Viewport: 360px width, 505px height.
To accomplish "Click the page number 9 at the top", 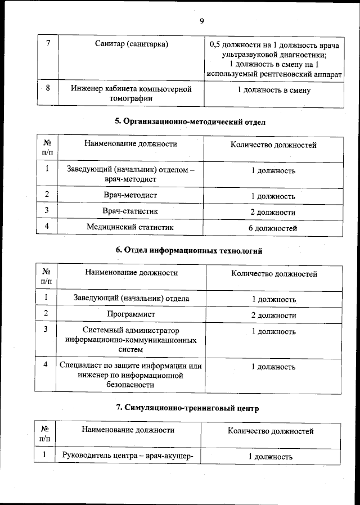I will coord(201,21).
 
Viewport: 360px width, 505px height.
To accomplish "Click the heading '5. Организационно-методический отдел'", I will coord(190,121).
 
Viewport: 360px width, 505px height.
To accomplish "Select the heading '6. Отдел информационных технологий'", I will coord(189,250).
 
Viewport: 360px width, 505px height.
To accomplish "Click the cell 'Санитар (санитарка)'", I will coord(131,44).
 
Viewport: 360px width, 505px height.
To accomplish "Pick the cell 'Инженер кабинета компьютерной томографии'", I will coord(131,94).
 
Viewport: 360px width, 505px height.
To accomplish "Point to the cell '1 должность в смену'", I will coord(273,90).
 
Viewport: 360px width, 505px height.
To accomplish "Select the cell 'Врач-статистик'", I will coord(130,211).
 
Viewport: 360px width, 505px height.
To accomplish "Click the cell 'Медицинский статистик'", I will coord(130,227).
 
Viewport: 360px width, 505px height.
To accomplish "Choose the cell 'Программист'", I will coord(131,314).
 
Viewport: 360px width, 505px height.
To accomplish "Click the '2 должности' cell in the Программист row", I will coord(273,315).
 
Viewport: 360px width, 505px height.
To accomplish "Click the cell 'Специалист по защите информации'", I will coord(131,375).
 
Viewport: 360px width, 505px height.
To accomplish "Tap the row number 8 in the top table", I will coord(48,88).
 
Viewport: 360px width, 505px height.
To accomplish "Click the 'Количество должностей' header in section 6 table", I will coord(274,274).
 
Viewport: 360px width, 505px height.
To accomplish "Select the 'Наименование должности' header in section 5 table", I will coord(130,144).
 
